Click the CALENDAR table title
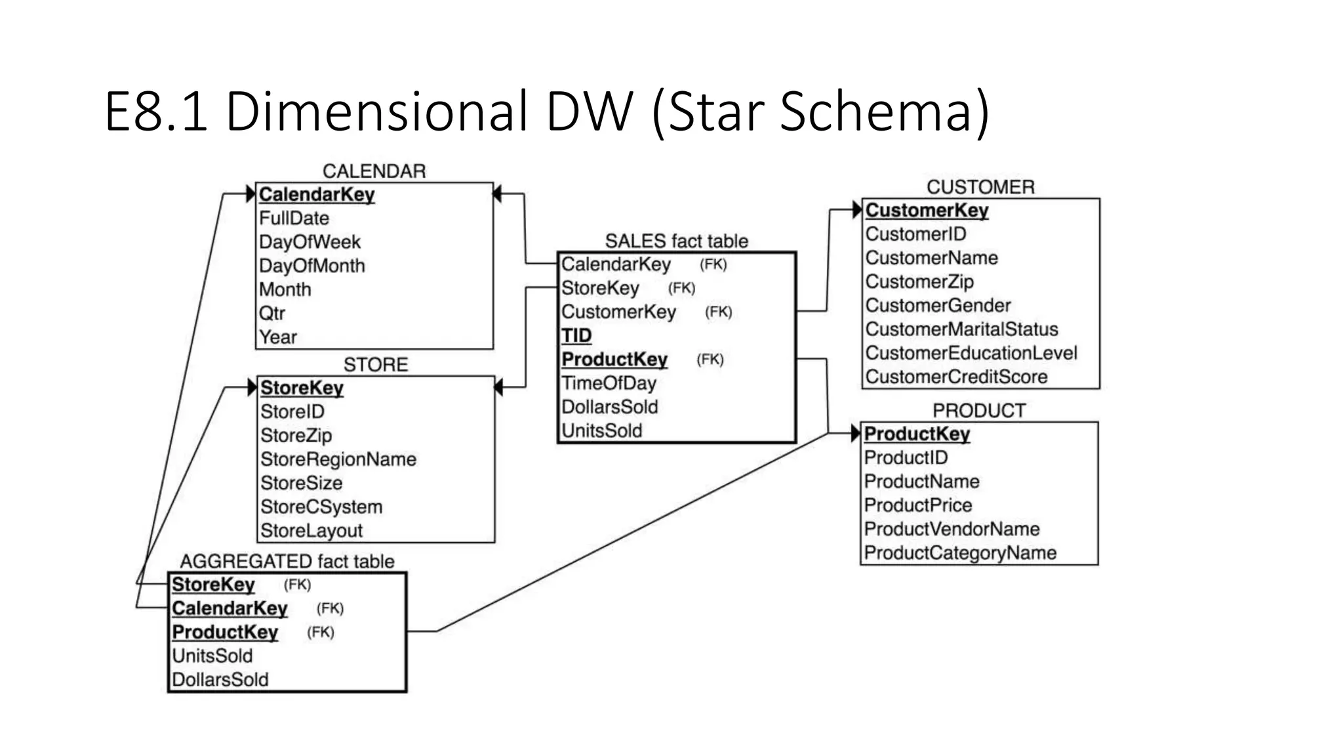374,171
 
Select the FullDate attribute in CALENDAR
294,218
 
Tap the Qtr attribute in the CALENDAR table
271,313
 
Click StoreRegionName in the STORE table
338,459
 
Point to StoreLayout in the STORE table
311,530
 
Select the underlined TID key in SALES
576,335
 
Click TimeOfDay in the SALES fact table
609,383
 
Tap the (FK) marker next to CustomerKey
718,312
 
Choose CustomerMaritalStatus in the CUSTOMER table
961,329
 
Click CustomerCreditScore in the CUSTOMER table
956,377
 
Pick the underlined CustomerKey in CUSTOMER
927,210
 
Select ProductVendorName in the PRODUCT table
952,529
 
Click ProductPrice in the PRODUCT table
917,505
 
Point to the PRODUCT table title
978,411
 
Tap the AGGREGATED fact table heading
287,561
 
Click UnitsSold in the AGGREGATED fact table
212,656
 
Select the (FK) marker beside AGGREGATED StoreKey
297,585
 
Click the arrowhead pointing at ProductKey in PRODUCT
855,433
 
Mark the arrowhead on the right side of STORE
498,387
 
